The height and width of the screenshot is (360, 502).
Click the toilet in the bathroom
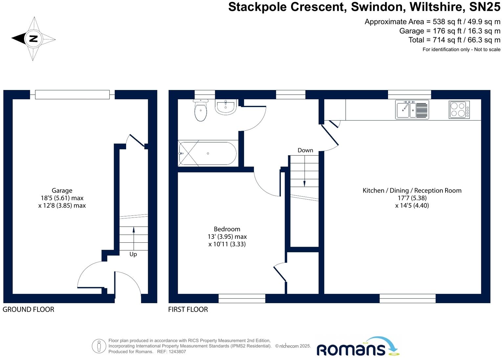(x=201, y=111)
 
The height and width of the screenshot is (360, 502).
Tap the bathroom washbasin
(x=226, y=107)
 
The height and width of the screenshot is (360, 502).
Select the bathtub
(x=208, y=153)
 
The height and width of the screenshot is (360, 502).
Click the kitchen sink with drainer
(x=412, y=109)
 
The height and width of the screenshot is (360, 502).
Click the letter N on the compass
(x=33, y=39)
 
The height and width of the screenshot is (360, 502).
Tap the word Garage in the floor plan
(x=62, y=191)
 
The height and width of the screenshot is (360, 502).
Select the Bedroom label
(x=227, y=229)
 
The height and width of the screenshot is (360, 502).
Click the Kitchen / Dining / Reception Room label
(x=412, y=191)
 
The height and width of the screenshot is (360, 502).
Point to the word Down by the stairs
(x=305, y=150)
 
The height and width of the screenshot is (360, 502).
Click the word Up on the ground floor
(x=133, y=254)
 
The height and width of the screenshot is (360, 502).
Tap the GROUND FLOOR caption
(x=28, y=309)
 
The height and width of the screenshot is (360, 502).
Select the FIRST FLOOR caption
(x=188, y=309)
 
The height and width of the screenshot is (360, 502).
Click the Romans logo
(x=357, y=347)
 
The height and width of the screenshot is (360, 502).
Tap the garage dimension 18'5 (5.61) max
(x=62, y=198)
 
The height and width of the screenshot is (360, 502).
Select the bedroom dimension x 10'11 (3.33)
(x=227, y=244)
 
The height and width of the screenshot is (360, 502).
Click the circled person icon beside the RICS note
(x=99, y=346)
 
